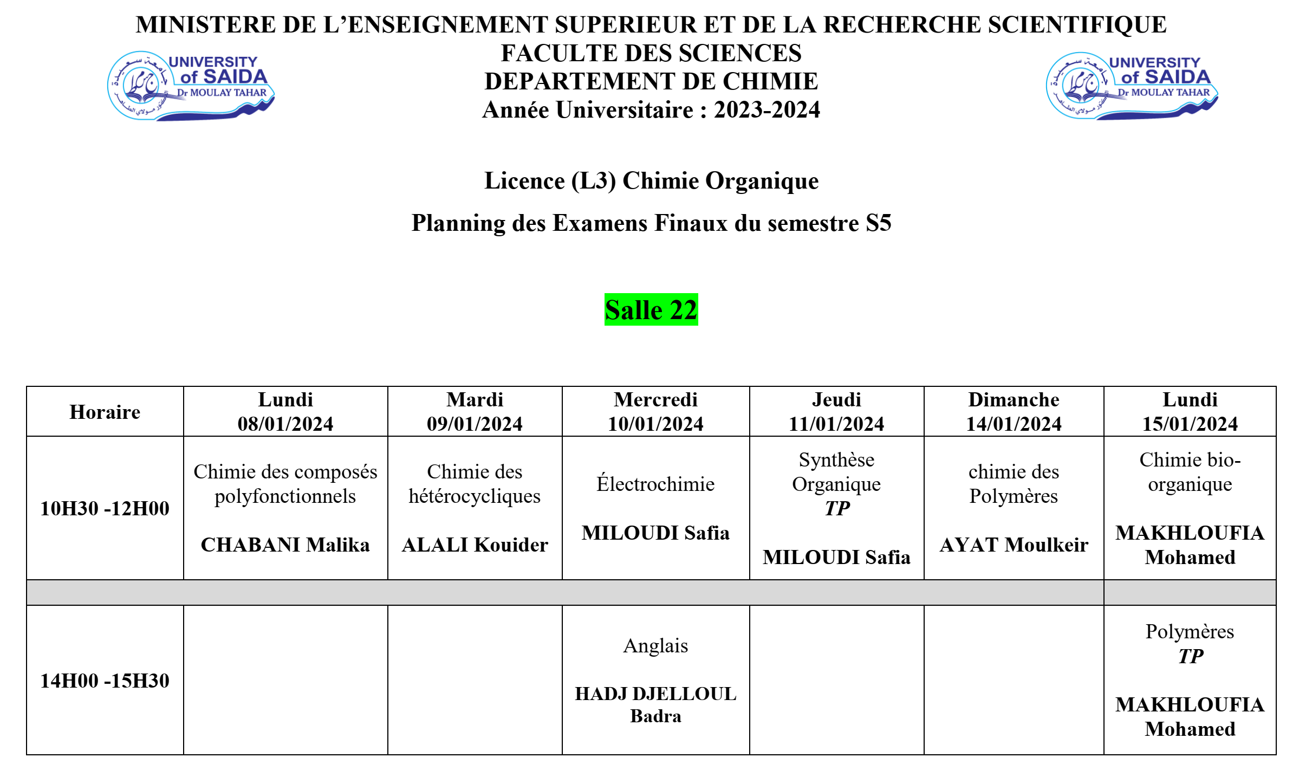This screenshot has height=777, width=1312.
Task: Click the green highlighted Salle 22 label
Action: (x=651, y=310)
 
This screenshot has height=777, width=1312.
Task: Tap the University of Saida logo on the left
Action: (x=190, y=86)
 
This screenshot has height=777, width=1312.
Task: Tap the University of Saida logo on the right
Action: (x=1132, y=86)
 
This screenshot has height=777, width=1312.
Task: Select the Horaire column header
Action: (x=105, y=412)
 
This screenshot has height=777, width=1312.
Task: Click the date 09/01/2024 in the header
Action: (x=475, y=424)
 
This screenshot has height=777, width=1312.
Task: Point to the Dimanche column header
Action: (x=1014, y=400)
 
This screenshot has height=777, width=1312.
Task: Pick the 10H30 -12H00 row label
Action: (x=105, y=508)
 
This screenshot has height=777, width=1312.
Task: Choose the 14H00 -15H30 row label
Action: (x=105, y=681)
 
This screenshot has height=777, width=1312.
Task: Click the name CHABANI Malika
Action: (x=285, y=545)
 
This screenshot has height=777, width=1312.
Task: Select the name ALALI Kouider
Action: (x=475, y=545)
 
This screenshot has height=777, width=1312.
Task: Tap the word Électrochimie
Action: (x=655, y=484)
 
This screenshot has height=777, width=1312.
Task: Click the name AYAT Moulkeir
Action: (x=1014, y=545)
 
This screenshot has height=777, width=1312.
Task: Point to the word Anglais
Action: (x=655, y=645)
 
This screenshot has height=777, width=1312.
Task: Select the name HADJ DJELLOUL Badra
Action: (x=655, y=704)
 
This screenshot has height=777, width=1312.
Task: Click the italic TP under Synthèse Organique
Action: (x=836, y=508)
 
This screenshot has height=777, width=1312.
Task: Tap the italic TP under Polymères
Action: (x=1190, y=656)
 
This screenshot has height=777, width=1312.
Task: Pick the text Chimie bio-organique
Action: (x=1190, y=471)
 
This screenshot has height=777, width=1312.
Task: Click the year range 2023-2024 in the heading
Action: (x=767, y=110)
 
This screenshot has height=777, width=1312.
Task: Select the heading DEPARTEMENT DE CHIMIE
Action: (x=651, y=81)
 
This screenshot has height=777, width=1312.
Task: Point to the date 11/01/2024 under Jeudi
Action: (x=836, y=424)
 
